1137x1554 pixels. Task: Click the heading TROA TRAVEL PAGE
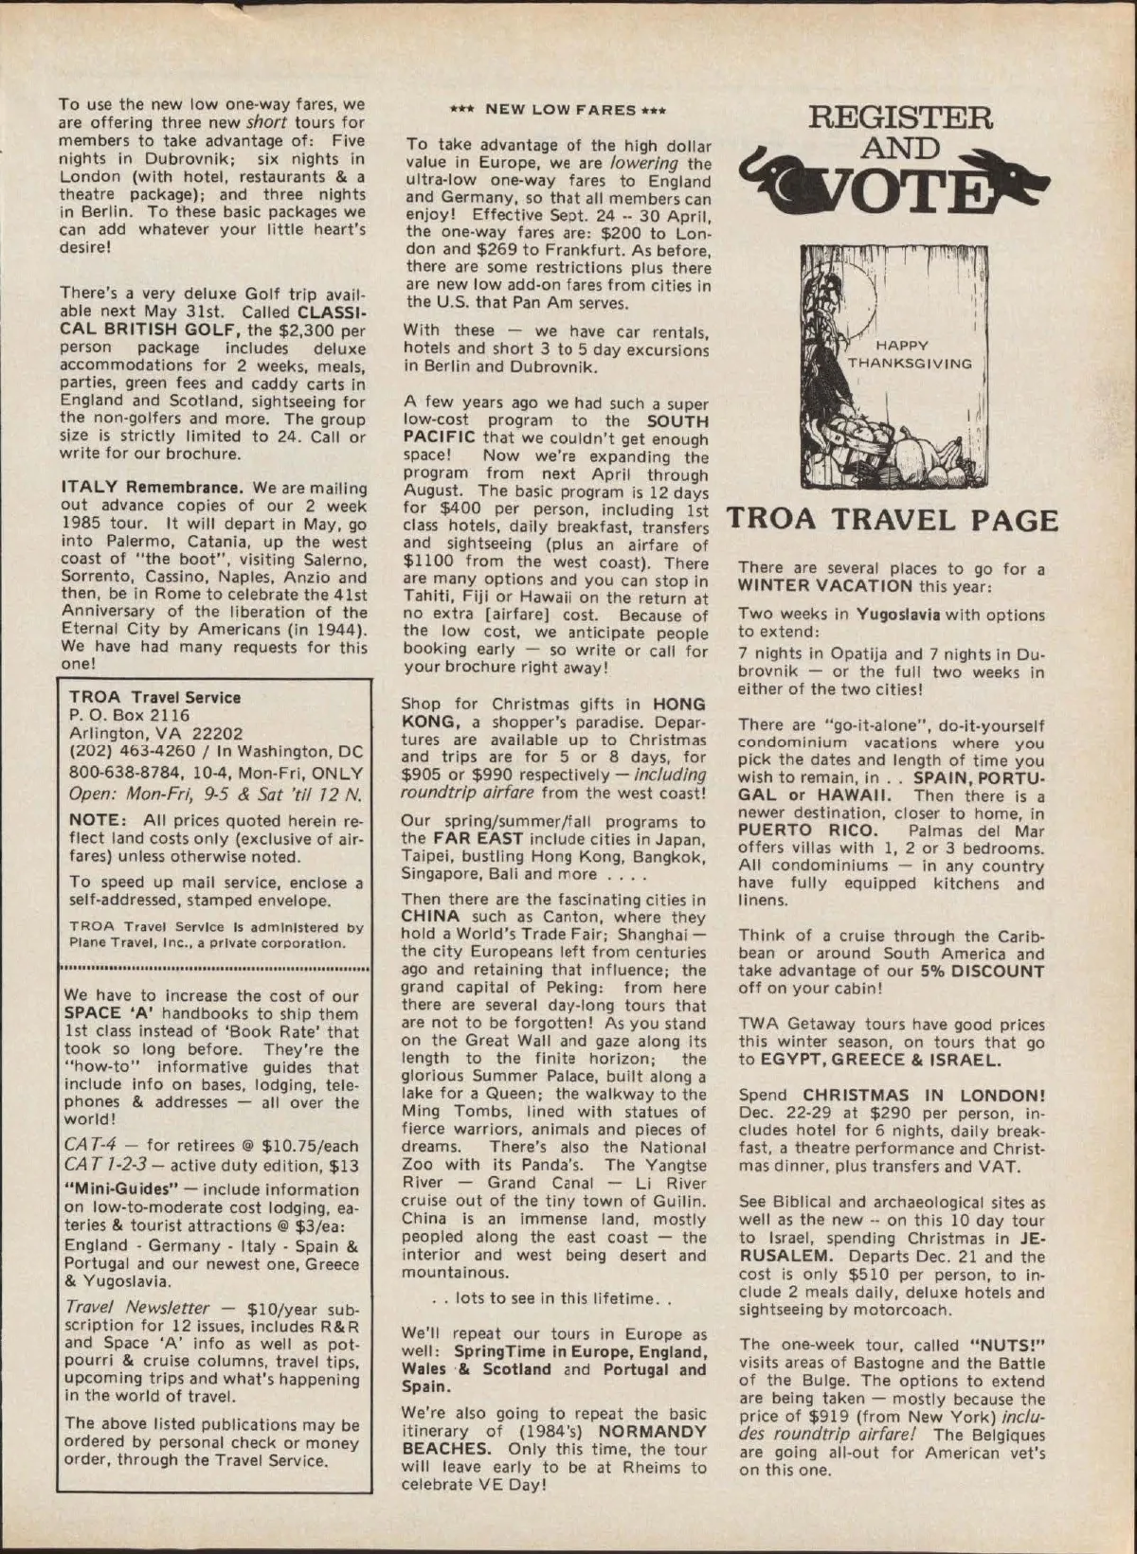(892, 521)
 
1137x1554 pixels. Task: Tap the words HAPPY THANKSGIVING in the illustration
(909, 355)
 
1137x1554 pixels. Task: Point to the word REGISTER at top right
(899, 119)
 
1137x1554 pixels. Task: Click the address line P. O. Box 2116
(130, 715)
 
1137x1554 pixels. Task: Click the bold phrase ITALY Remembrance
(153, 488)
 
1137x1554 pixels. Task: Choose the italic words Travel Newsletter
(138, 1308)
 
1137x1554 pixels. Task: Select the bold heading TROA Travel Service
(154, 697)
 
